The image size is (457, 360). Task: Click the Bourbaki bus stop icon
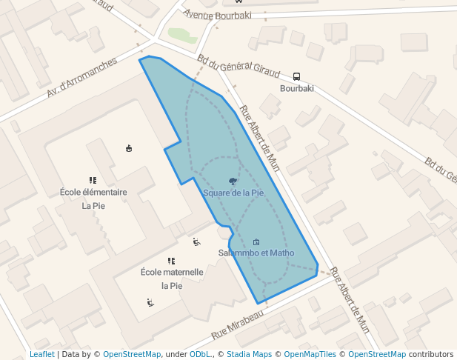coord(297,76)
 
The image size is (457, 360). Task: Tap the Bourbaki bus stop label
coord(297,89)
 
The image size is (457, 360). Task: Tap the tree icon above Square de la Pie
coord(233,181)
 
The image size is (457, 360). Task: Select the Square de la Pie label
coord(233,193)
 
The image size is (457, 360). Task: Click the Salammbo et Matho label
coord(256,253)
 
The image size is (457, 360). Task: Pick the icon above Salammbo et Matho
coord(256,241)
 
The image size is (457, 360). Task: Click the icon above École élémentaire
coord(93,180)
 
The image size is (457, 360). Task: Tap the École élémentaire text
coord(93,192)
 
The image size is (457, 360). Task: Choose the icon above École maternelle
coord(172,261)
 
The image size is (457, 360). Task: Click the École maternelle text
coord(172,272)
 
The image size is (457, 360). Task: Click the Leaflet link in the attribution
coord(42,354)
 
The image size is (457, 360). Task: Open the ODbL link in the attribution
coord(201,354)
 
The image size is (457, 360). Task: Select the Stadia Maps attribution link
coord(251,354)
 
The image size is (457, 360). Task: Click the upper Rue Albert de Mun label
coord(258,139)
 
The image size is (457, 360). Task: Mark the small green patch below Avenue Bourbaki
coord(182,35)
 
